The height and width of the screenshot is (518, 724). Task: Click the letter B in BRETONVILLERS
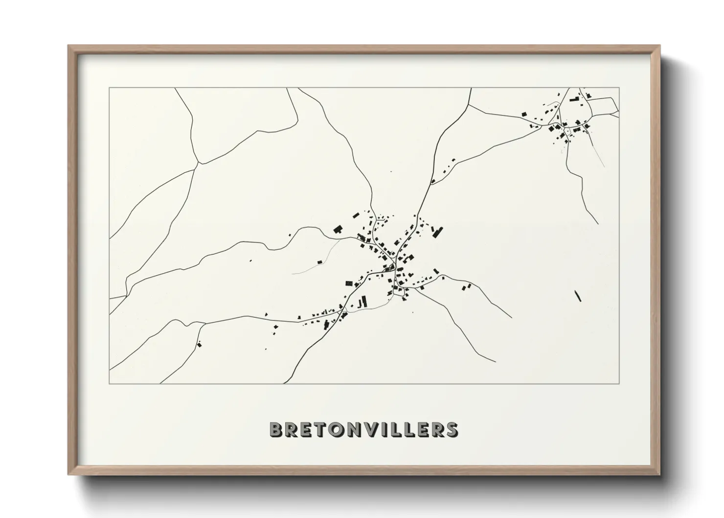(x=277, y=429)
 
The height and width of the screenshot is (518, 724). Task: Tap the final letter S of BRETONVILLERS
(x=451, y=429)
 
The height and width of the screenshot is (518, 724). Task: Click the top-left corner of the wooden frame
(x=69, y=46)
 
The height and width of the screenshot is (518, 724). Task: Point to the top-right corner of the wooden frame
(x=659, y=46)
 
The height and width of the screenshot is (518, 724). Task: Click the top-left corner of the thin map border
(x=110, y=88)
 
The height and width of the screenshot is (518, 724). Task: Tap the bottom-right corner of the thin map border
(x=619, y=383)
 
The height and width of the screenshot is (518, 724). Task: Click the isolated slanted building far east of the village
(x=578, y=296)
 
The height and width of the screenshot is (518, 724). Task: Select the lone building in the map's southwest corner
(x=199, y=345)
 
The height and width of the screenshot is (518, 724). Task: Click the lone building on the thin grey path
(x=320, y=262)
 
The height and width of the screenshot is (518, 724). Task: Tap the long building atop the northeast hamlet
(x=574, y=100)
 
